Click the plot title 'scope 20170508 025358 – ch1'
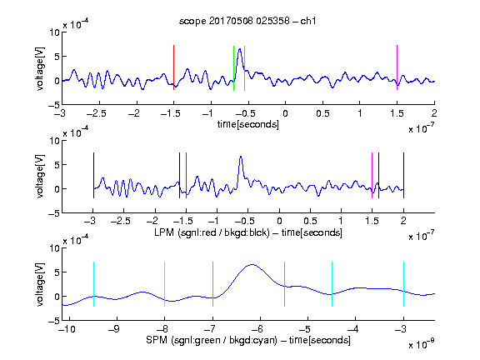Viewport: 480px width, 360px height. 247,21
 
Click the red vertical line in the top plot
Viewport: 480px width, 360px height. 174,67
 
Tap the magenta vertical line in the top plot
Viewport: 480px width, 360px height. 397,67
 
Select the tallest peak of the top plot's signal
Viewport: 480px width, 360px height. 240,49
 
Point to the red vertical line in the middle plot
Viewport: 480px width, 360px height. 186,175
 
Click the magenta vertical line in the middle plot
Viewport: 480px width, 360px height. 372,175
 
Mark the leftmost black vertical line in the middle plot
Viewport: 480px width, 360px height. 93,175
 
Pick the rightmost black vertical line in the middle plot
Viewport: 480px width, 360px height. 403,175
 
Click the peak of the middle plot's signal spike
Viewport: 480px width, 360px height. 241,157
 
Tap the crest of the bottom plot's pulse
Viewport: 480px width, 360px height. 252,264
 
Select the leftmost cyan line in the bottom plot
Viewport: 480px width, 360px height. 93,284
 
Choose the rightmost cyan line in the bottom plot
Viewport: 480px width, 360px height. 403,284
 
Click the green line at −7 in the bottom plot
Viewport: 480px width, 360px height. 212,284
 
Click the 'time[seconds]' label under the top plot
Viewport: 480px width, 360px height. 248,124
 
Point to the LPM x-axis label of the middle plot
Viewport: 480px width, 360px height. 248,232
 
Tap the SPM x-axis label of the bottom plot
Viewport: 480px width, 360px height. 248,340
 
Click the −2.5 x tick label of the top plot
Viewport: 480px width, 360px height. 97,114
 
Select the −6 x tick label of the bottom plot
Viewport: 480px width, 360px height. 257,329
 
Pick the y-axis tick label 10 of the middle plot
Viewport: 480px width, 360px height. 54,141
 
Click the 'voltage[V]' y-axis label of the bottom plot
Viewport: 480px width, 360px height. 40,284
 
